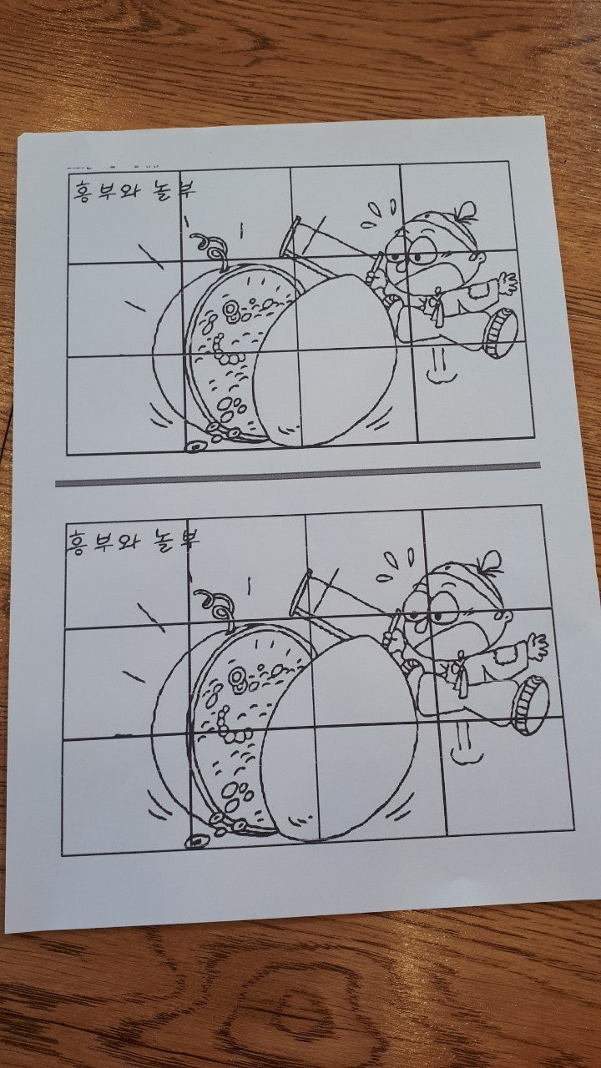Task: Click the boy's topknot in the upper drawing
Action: (466, 211)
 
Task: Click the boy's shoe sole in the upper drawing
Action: (501, 333)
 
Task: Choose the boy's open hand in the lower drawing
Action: (538, 646)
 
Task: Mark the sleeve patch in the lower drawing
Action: (503, 656)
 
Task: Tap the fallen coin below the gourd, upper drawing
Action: (195, 446)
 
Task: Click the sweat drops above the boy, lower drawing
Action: (396, 564)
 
